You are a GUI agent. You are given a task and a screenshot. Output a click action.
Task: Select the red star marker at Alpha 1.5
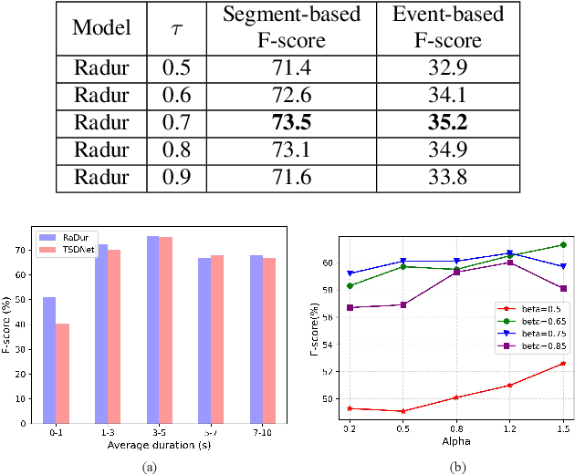click(562, 363)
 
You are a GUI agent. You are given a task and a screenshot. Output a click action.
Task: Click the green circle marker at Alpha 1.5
click(562, 244)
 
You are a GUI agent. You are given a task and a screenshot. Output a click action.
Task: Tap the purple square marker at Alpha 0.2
click(350, 307)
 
